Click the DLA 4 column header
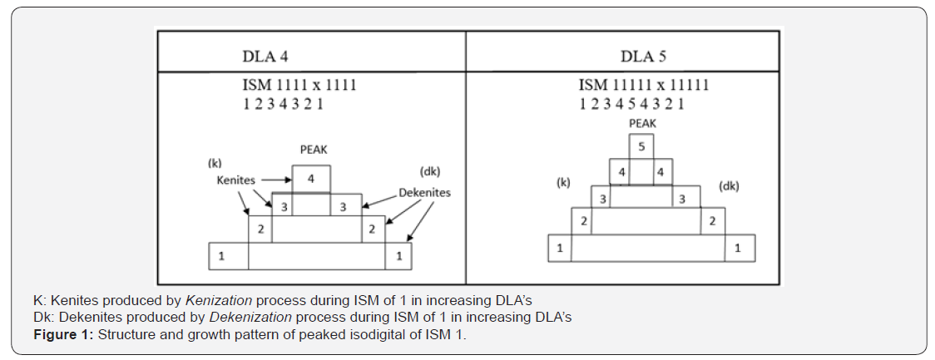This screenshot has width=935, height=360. [265, 57]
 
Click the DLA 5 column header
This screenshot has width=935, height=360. [643, 57]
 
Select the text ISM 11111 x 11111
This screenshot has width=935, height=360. [643, 85]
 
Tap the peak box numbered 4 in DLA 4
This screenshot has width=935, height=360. [311, 179]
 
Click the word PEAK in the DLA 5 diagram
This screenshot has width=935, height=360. [642, 122]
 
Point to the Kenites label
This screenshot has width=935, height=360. [235, 180]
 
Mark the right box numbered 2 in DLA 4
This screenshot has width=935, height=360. [373, 229]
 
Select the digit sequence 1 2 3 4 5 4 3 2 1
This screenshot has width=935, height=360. [631, 104]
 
